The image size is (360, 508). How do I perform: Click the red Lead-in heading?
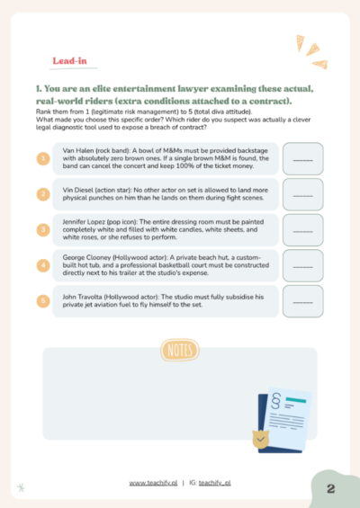pos(69,61)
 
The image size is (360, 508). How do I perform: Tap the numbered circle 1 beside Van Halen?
pos(43,159)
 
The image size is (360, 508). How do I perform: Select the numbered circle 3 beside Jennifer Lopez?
pos(43,229)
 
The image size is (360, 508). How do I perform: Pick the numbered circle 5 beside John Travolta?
pos(43,300)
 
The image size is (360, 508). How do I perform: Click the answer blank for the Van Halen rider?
pos(303,159)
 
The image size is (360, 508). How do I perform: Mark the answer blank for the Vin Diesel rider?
pos(303,194)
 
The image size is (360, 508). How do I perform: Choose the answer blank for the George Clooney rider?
pos(303,265)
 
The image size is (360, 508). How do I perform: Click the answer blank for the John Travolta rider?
pos(303,301)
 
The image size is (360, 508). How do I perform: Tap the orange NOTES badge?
pos(180,350)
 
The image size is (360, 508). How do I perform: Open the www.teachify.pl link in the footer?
pos(153,483)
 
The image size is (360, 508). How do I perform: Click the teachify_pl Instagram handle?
pos(215,483)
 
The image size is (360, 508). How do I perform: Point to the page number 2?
pos(331,488)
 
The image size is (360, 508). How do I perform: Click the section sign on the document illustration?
pos(276,401)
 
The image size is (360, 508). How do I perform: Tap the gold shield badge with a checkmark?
pos(261,440)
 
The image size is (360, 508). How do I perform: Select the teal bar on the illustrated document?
pos(296,400)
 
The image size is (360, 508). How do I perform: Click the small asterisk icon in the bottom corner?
pos(21,487)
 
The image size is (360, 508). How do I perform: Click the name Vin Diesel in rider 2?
pos(77,191)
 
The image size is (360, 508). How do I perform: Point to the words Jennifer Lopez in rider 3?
pos(84,222)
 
